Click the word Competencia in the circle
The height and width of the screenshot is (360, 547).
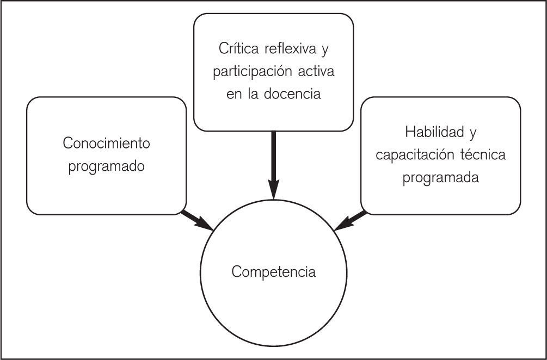click(x=273, y=271)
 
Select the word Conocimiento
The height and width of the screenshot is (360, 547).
click(x=106, y=144)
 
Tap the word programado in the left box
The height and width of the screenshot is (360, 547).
click(x=107, y=166)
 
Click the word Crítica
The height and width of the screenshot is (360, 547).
click(x=237, y=48)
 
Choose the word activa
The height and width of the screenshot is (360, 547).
click(x=315, y=71)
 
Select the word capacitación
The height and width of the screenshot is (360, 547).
click(x=410, y=155)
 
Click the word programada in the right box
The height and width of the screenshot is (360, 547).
click(x=441, y=178)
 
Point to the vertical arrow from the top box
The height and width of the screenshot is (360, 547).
click(x=273, y=163)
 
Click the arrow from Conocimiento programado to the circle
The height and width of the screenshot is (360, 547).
click(x=197, y=221)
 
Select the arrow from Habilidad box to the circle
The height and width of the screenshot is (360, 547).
click(x=349, y=221)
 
